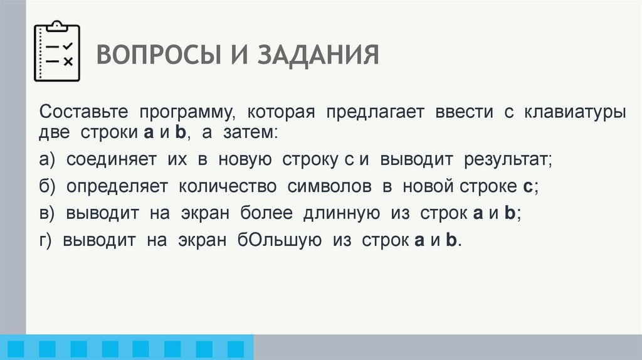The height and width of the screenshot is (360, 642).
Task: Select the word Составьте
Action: [84, 113]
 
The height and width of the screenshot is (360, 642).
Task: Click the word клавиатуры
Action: [574, 113]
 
